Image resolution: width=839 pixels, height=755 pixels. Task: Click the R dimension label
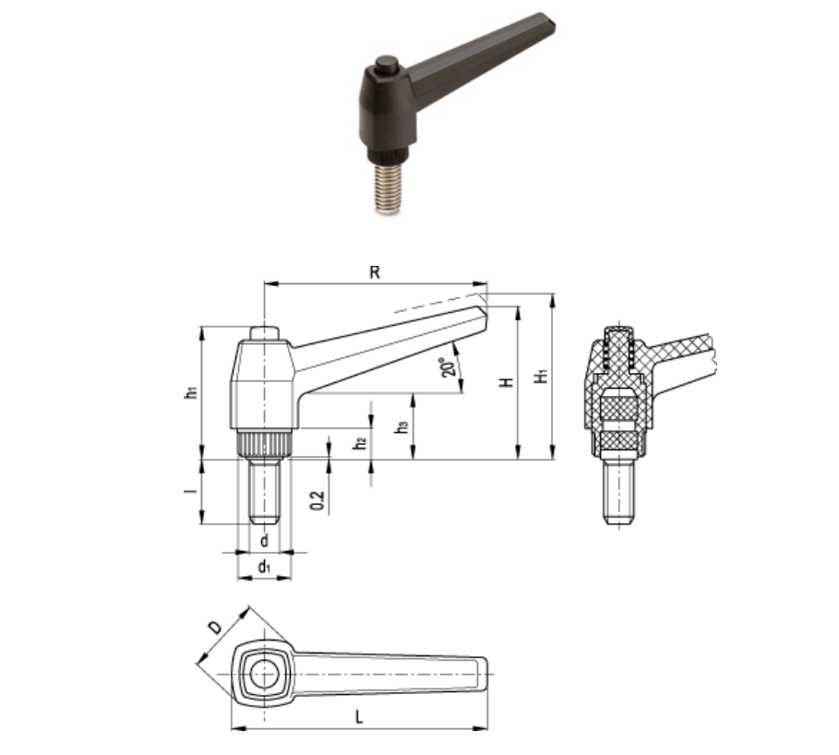[x=375, y=272]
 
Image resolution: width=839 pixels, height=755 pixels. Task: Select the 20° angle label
[x=449, y=367]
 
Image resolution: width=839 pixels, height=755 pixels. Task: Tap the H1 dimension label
[x=542, y=376]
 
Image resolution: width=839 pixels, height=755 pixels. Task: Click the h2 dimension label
[x=361, y=442]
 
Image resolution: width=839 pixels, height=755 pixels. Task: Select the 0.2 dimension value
[x=318, y=500]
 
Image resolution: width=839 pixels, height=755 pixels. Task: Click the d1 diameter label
[x=264, y=566]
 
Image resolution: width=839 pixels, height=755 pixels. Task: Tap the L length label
[x=359, y=717]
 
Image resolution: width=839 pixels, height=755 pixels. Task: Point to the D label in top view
[x=215, y=627]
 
